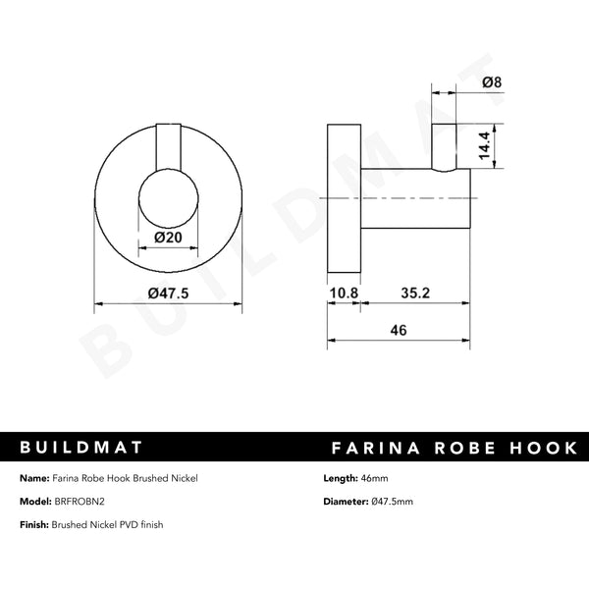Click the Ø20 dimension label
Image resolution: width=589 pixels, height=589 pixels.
pyautogui.click(x=167, y=237)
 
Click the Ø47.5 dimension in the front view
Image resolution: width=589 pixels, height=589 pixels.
pyautogui.click(x=167, y=293)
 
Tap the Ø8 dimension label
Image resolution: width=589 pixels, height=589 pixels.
pyautogui.click(x=494, y=85)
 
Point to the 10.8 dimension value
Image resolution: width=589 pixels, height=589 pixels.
pyautogui.click(x=343, y=293)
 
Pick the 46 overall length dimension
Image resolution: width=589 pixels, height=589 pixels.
pyautogui.click(x=399, y=330)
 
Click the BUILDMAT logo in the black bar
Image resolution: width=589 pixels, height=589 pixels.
pyautogui.click(x=82, y=448)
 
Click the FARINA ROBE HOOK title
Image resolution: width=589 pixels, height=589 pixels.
pyautogui.click(x=455, y=448)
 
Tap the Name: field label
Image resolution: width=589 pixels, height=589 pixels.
pyautogui.click(x=36, y=478)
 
